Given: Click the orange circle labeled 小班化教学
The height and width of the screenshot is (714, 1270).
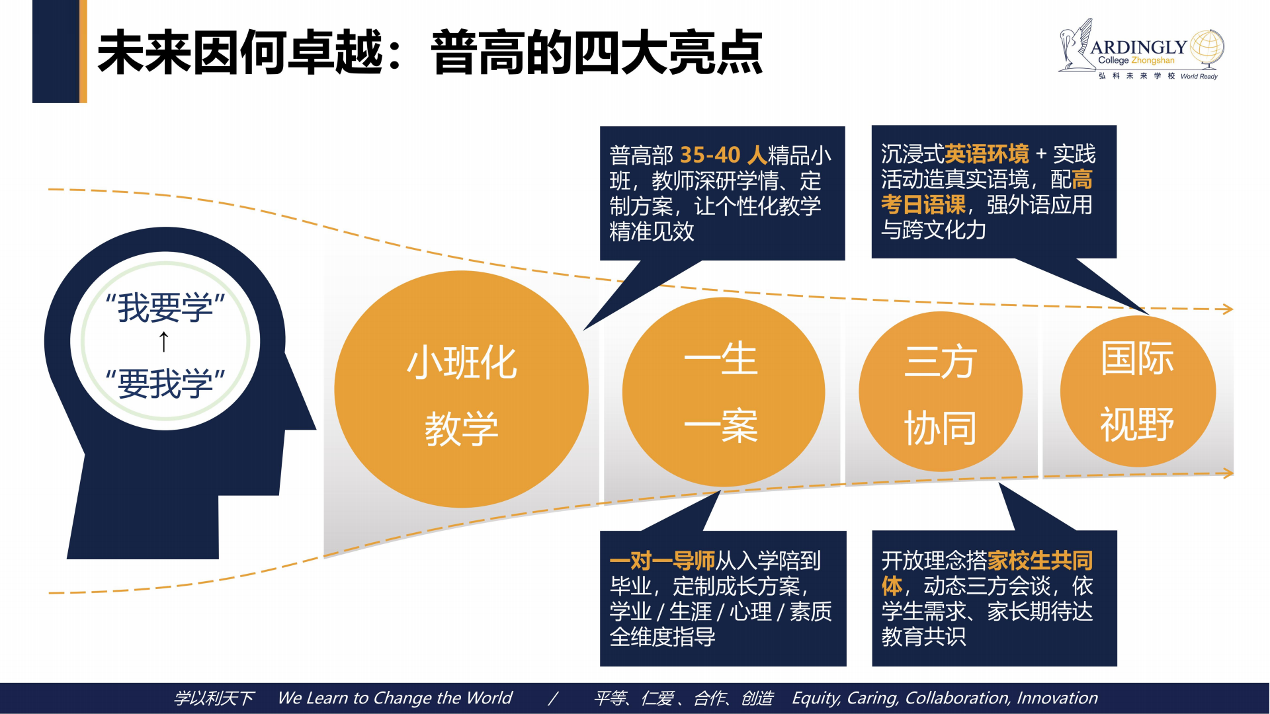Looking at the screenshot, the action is [461, 389].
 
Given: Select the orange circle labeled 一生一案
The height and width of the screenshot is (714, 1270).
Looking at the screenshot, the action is [724, 392].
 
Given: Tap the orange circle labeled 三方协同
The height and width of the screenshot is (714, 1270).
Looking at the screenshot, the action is [941, 392].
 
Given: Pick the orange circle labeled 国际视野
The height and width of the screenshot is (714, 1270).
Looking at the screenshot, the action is [1138, 391].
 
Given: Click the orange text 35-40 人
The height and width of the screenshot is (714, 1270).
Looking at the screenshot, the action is [723, 155].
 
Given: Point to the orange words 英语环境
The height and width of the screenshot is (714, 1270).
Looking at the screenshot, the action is [987, 154].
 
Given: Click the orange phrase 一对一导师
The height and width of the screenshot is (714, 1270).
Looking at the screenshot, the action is [662, 561].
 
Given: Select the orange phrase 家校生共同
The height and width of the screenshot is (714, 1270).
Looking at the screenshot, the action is [1040, 561].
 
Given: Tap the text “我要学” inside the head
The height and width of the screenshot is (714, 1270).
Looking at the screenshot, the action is [165, 308].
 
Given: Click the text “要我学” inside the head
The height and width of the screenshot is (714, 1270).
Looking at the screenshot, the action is [165, 383].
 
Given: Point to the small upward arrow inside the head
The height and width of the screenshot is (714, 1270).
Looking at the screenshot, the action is [164, 342].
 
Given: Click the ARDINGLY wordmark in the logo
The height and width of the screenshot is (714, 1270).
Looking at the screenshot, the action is [1138, 47].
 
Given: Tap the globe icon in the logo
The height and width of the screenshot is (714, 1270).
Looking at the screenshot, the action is [1206, 48].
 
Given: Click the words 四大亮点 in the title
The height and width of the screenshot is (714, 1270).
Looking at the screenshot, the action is [668, 52].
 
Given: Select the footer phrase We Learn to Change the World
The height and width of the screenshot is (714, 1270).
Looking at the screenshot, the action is [395, 698].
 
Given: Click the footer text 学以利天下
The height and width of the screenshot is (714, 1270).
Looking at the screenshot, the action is [214, 698].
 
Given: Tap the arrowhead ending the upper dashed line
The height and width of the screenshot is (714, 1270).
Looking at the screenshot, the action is [1228, 309].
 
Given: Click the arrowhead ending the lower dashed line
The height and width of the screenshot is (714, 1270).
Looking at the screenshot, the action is [1228, 473].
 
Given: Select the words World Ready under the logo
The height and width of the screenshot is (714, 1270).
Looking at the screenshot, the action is [1199, 76].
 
